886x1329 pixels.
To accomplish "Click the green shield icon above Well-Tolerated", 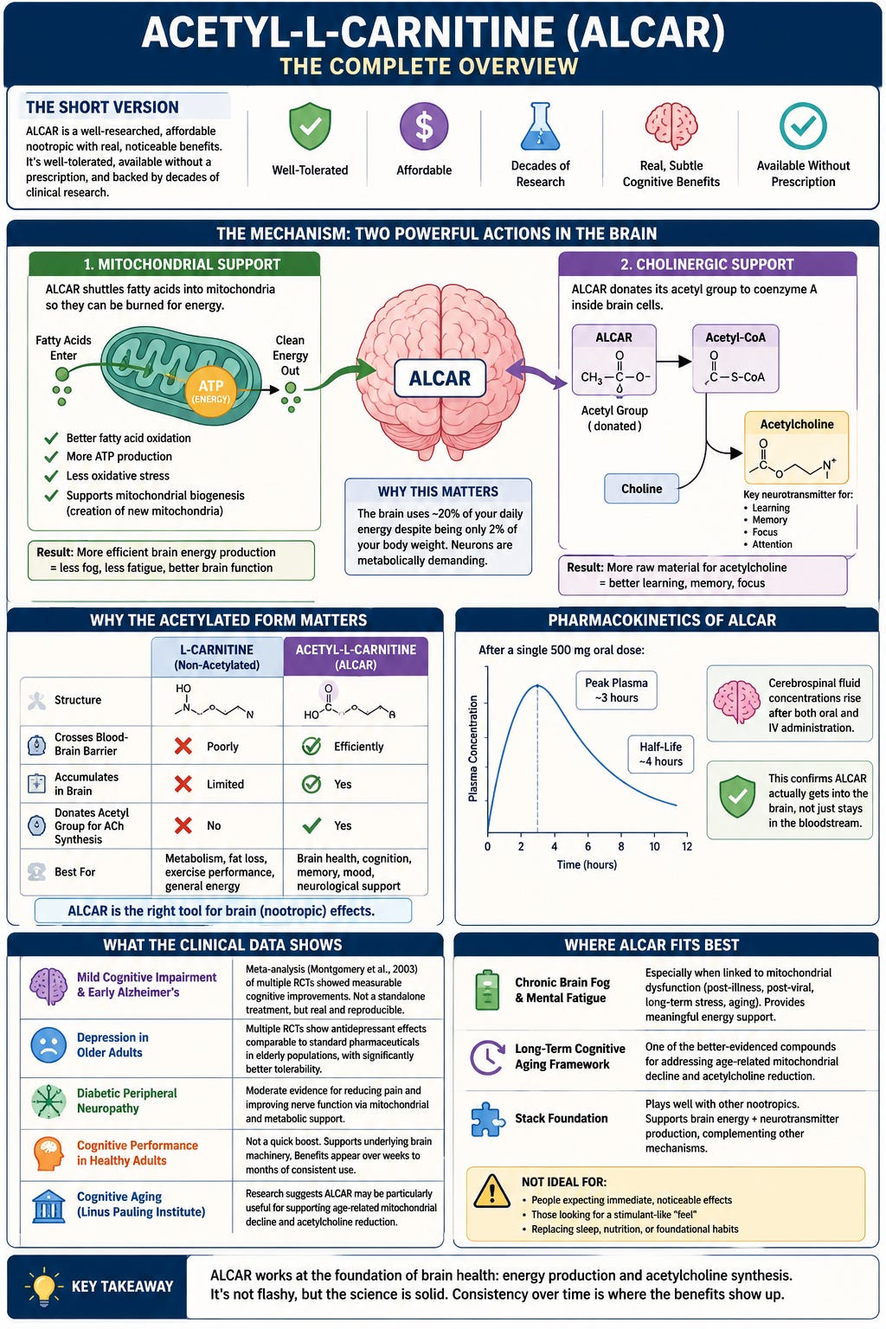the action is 310,125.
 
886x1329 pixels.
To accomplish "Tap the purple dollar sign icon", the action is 424,125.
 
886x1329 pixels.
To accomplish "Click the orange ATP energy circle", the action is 210,391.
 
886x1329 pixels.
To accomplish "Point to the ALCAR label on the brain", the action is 440,378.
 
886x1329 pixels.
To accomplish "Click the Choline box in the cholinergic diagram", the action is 641,489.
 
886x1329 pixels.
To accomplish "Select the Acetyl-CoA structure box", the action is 735,359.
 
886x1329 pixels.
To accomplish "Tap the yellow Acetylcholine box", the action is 796,447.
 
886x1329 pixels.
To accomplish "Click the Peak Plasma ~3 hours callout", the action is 616,690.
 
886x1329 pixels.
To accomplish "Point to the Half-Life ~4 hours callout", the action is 660,754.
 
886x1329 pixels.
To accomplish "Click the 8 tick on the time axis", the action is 621,847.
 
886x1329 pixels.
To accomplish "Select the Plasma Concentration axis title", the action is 473,748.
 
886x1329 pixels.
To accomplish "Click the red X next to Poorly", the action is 183,746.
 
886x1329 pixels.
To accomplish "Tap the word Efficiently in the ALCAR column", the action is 358,747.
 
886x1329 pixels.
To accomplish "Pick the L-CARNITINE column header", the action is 216,657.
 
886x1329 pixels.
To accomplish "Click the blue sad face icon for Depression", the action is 48,1045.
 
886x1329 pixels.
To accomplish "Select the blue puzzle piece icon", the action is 488,1119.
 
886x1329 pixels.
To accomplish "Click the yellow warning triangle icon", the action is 492,1191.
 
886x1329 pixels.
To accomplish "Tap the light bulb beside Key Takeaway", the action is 43,1286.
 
